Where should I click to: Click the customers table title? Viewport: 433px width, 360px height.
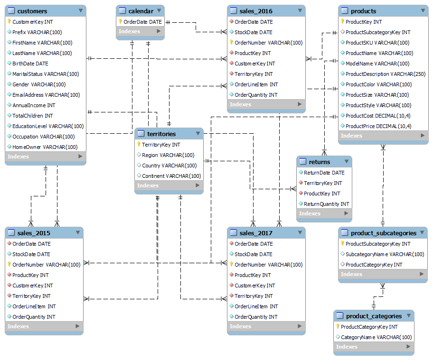(32, 11)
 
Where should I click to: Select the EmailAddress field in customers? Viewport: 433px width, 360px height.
(46, 95)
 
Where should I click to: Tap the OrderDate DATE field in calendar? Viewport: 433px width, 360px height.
(142, 22)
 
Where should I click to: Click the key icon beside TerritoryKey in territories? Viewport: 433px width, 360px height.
(139, 145)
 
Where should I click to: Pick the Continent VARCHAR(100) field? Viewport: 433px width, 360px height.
(171, 176)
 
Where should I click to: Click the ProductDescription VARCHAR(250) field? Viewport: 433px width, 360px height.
(385, 74)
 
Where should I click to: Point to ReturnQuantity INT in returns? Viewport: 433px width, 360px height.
(326, 204)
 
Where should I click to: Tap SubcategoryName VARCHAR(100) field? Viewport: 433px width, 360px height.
(385, 254)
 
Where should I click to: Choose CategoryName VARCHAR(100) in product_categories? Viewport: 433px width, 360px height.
(376, 337)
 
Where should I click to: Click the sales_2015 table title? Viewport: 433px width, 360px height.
(34, 233)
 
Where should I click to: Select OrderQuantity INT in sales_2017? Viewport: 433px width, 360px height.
(256, 317)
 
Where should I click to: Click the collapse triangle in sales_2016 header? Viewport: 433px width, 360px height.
(299, 10)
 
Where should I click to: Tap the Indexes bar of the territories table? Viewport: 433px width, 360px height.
(169, 185)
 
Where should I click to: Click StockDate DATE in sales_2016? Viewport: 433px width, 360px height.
(254, 32)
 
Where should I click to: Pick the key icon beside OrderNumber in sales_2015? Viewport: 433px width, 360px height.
(9, 265)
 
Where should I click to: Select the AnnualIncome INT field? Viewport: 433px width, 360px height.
(34, 105)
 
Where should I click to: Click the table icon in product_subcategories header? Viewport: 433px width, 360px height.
(345, 233)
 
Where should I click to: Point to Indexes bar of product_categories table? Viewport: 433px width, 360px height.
(373, 347)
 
